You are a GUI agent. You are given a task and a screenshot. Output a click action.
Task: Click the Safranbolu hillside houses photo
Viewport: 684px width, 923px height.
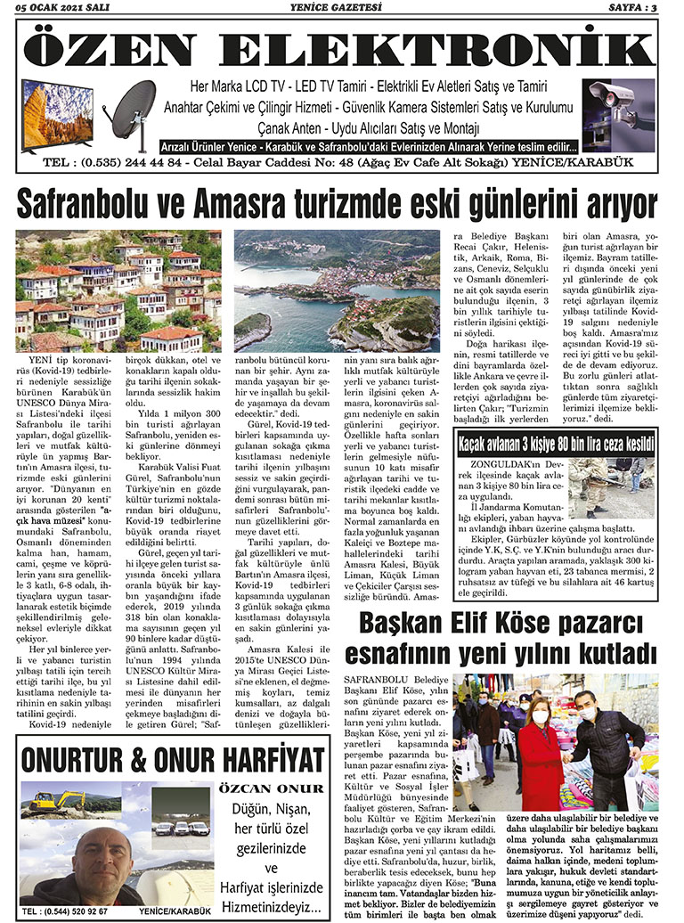tap(118, 290)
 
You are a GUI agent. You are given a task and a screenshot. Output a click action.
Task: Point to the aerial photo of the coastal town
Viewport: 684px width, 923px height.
tap(338, 290)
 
